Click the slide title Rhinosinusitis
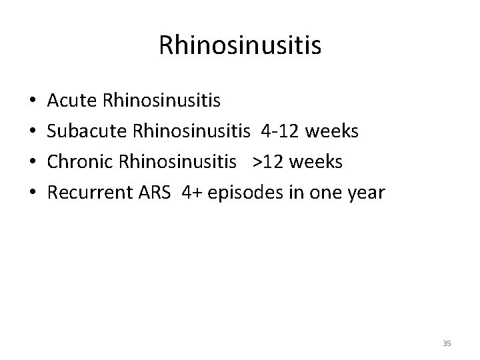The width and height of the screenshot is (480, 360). point(240,45)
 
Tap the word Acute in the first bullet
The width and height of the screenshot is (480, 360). point(73,101)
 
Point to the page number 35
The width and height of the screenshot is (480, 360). point(447,343)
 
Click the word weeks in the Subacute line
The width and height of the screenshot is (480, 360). point(331,132)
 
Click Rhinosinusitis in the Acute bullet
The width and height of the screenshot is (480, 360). point(163,101)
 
